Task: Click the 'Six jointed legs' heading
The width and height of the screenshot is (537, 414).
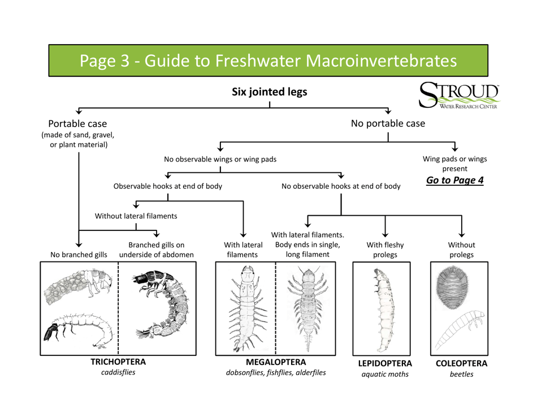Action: (x=270, y=91)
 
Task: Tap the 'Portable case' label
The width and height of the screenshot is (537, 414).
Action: (x=77, y=123)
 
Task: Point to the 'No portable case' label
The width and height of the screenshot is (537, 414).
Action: (x=387, y=123)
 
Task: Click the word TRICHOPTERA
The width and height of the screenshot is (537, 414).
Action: (x=118, y=361)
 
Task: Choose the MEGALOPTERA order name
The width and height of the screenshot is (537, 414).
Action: (x=276, y=361)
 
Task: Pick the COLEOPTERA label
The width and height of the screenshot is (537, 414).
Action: (x=461, y=364)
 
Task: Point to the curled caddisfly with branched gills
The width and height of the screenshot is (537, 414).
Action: (x=161, y=308)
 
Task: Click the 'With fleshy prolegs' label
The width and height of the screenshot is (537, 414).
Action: (x=385, y=250)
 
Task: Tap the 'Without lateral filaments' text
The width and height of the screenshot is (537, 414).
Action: (x=136, y=216)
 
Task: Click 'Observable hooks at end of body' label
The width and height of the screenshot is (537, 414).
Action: (x=168, y=186)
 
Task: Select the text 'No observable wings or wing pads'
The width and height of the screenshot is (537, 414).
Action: (x=220, y=159)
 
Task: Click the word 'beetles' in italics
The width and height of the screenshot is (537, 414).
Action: (x=461, y=374)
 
